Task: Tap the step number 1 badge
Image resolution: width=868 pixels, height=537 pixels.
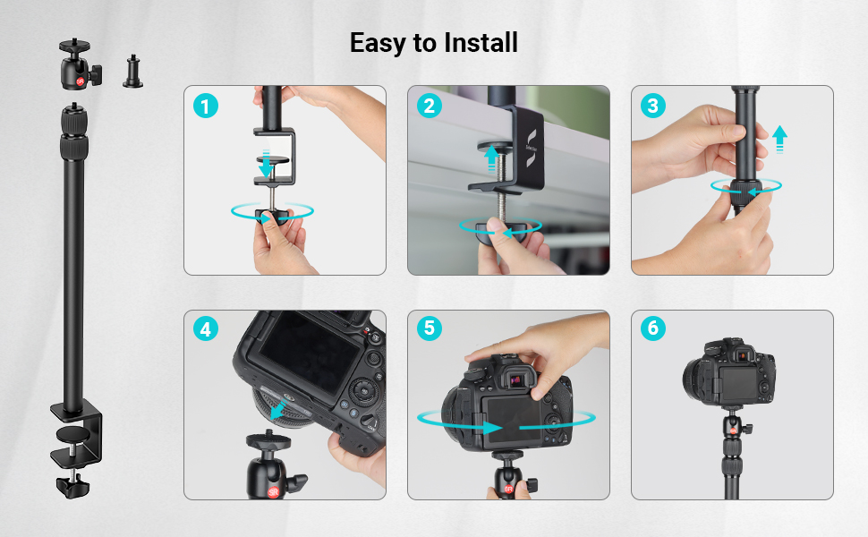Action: coord(206,107)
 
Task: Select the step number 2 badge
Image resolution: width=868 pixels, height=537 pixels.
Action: coord(430,107)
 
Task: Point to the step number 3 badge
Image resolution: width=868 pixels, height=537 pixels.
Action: coord(653,107)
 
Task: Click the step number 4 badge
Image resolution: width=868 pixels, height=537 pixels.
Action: coord(206,329)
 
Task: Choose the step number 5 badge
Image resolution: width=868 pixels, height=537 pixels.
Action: coord(430,329)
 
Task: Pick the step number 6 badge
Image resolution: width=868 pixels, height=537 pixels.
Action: coord(653,329)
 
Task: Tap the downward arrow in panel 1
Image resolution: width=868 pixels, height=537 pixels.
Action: coord(266,167)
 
